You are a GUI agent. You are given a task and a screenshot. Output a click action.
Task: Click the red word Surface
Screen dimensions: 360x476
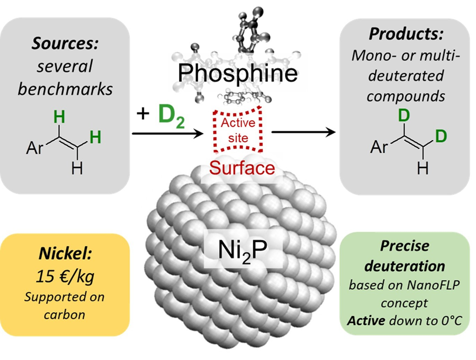point(243,167)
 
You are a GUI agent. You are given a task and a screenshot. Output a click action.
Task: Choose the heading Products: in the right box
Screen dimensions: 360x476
point(405,34)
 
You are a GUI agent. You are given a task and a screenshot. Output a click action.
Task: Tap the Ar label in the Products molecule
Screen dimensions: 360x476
point(380,148)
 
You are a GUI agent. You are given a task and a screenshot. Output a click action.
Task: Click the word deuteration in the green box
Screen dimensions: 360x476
point(405,265)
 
